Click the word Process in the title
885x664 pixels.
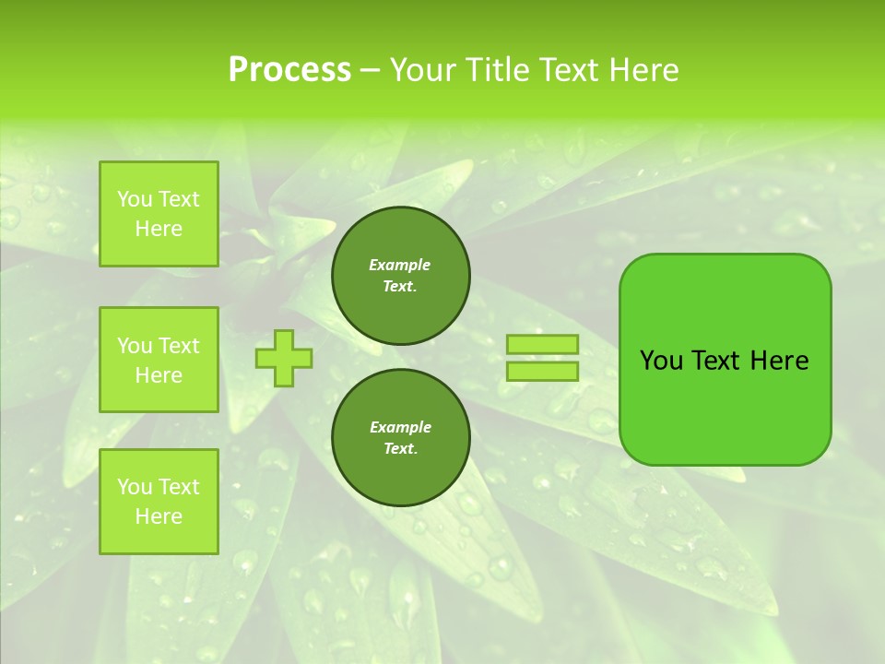[x=289, y=70]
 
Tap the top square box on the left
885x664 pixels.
[x=159, y=214]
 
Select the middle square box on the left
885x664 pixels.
[x=159, y=360]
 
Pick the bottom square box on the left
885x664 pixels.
[x=159, y=502]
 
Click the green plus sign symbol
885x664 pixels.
[x=284, y=358]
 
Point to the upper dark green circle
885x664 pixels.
[x=401, y=276]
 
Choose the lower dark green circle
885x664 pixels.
[x=401, y=438]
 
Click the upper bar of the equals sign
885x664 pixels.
[x=543, y=345]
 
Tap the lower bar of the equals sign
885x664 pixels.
[x=543, y=372]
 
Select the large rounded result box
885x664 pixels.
[x=725, y=360]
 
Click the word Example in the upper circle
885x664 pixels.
[x=400, y=265]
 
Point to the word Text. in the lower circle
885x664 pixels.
[x=400, y=449]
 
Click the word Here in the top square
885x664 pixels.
[x=159, y=229]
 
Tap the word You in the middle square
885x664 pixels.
[x=135, y=346]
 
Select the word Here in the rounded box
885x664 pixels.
[x=779, y=361]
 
